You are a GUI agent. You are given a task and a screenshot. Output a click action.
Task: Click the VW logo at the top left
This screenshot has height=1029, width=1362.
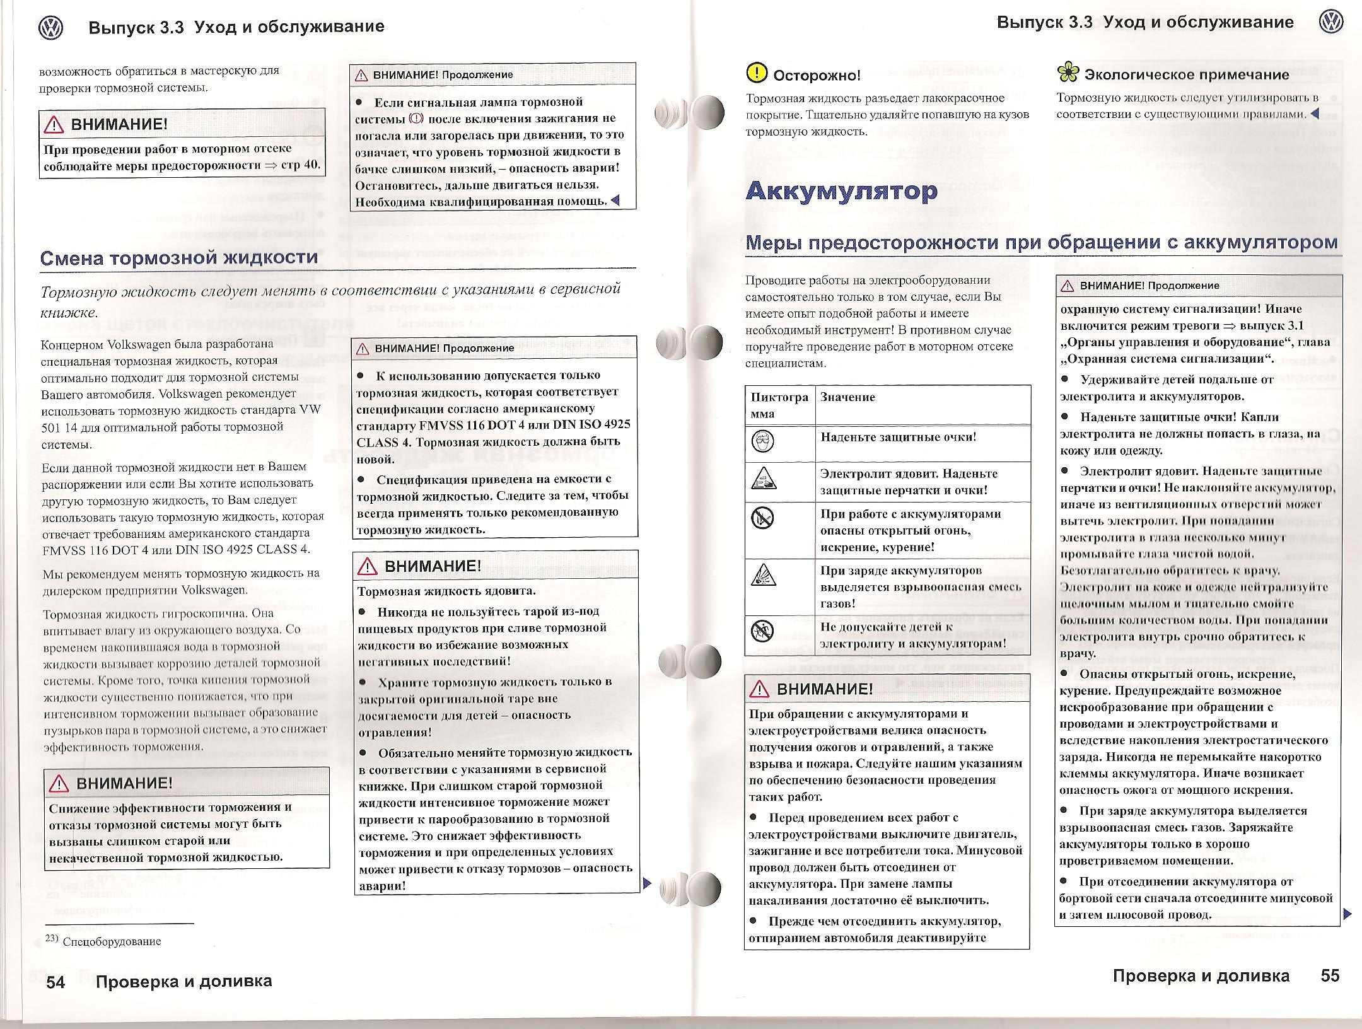51,28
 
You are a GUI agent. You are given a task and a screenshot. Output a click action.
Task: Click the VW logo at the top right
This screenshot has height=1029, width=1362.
1330,23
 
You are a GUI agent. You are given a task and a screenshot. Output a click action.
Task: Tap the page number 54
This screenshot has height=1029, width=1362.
55,982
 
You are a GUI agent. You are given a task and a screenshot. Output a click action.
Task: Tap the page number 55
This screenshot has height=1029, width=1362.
1330,975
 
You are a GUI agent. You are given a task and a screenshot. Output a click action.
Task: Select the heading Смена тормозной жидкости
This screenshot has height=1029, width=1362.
179,257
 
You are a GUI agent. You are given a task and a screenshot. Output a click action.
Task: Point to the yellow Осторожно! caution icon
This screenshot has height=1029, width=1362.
756,73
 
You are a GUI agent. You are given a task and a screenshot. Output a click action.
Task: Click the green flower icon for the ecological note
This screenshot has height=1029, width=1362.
1068,73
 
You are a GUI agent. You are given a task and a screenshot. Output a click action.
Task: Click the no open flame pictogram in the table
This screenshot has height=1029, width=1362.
763,518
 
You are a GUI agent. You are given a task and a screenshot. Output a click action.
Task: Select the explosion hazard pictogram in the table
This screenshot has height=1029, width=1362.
763,574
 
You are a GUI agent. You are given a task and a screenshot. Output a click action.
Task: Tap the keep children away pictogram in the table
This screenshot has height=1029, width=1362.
763,630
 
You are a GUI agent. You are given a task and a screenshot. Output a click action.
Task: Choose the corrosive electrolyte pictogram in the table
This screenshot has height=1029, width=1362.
763,479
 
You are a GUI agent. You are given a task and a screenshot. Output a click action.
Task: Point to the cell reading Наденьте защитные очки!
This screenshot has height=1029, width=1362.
898,437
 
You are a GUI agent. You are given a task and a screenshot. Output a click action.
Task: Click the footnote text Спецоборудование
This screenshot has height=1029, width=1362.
112,941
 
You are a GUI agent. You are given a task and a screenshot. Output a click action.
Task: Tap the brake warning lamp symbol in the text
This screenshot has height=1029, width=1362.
416,119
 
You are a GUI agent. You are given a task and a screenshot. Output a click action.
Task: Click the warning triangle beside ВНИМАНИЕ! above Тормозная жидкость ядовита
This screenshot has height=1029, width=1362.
367,566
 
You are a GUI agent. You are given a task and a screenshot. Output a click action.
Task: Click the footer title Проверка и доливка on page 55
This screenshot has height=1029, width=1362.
1201,976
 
